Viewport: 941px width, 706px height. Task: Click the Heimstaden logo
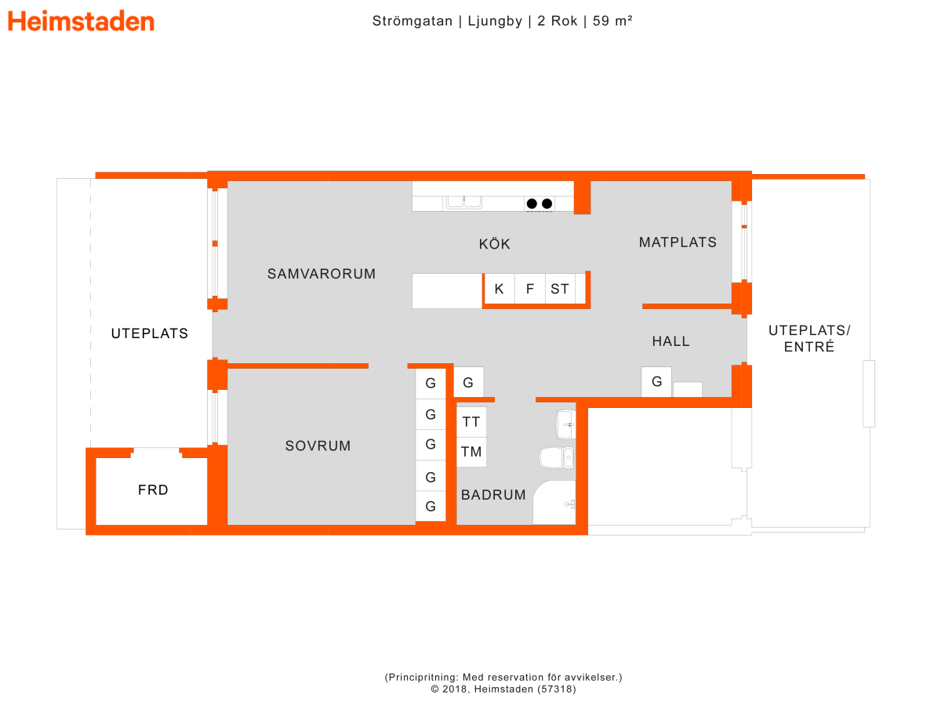click(x=81, y=21)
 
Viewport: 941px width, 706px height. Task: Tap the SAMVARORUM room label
click(x=321, y=274)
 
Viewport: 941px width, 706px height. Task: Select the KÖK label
click(x=494, y=243)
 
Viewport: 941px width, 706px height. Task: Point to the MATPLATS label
click(x=678, y=242)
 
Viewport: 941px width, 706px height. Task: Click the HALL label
click(x=671, y=341)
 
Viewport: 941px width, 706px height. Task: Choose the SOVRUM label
click(x=318, y=446)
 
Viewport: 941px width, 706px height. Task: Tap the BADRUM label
click(x=493, y=495)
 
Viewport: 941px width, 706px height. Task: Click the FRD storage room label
click(x=153, y=490)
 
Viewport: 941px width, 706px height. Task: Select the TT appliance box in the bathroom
click(x=471, y=422)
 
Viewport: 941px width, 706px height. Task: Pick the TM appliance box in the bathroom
click(x=471, y=452)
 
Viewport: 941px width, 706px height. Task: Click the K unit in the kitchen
click(x=500, y=289)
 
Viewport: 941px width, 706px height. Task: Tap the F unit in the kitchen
click(x=530, y=289)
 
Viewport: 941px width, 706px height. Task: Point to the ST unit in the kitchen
click(x=560, y=289)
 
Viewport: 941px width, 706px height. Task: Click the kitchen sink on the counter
click(x=464, y=202)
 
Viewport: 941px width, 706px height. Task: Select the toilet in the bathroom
click(x=557, y=457)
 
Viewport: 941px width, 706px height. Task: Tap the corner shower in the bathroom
click(x=554, y=502)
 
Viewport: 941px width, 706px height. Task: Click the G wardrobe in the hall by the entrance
click(x=656, y=381)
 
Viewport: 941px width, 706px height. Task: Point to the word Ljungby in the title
click(x=495, y=21)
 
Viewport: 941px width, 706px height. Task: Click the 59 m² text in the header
click(x=612, y=20)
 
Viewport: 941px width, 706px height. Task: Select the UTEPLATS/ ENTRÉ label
click(x=809, y=338)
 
